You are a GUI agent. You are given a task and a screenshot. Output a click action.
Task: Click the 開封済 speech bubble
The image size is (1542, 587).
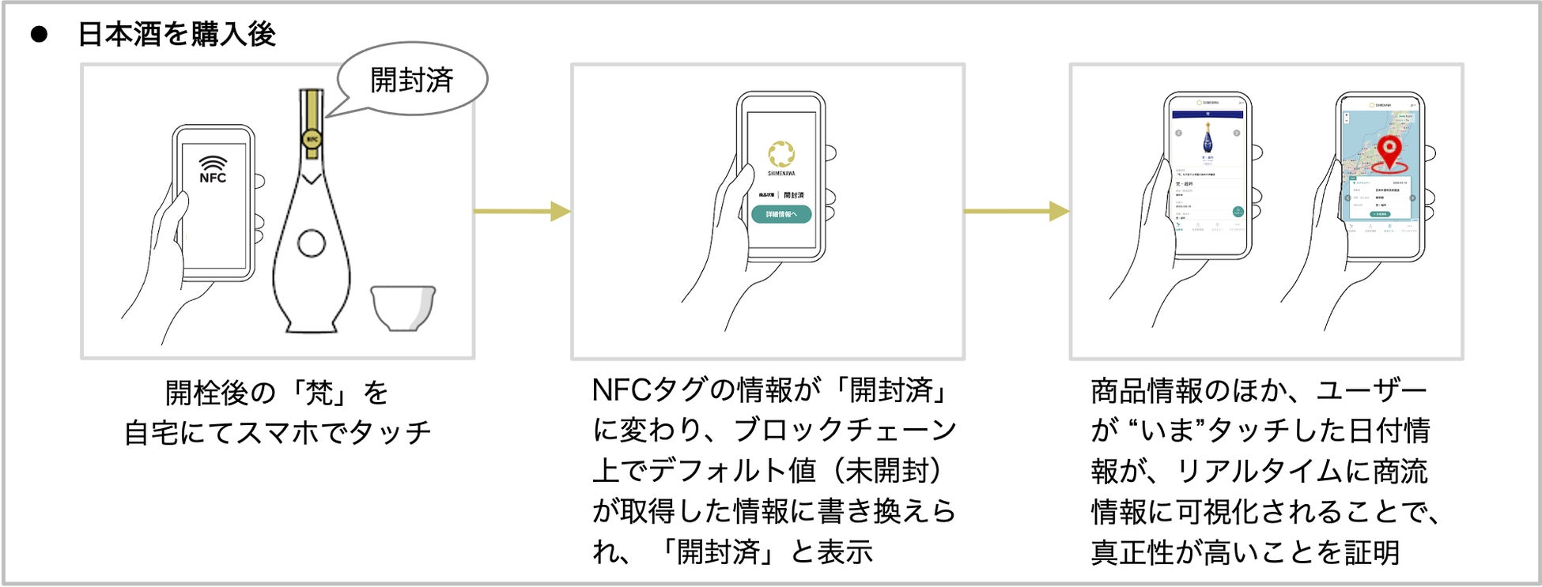click(412, 80)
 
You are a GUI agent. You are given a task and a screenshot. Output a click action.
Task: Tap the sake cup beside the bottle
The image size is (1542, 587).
click(403, 308)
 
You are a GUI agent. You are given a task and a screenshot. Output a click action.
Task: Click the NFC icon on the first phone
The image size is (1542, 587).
click(212, 169)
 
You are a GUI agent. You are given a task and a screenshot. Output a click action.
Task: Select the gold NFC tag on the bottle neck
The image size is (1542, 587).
click(312, 140)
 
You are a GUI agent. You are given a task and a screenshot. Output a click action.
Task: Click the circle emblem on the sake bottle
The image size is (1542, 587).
click(312, 243)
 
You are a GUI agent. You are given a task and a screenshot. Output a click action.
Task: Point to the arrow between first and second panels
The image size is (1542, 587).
click(522, 212)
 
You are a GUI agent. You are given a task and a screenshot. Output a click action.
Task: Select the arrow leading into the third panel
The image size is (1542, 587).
click(1016, 212)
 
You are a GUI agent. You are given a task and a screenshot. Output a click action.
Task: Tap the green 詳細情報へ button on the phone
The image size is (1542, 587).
click(780, 214)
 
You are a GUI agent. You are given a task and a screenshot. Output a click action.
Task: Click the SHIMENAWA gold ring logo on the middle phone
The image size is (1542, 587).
click(781, 153)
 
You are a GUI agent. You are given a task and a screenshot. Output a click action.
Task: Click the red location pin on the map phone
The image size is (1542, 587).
click(1389, 151)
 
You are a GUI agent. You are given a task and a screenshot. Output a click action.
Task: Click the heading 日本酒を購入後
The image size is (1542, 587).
click(176, 34)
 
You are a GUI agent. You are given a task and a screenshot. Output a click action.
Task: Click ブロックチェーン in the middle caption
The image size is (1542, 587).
click(845, 431)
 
